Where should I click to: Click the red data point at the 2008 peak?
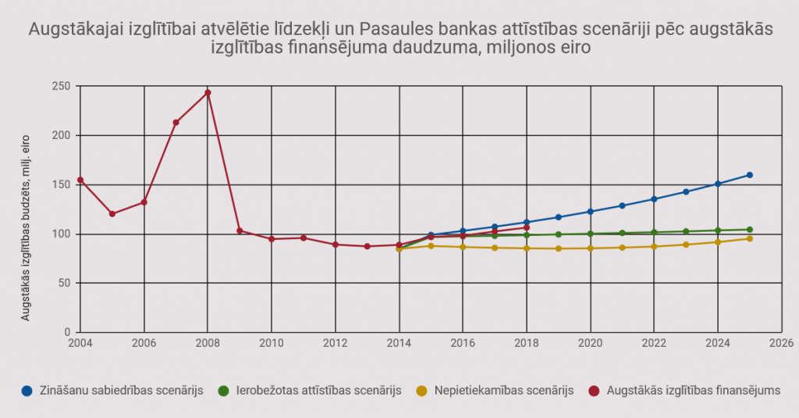(208, 93)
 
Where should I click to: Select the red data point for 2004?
(80, 180)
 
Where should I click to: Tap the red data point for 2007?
(176, 123)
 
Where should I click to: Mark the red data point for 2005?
(112, 214)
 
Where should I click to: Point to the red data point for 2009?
(240, 230)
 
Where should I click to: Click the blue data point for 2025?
(749, 175)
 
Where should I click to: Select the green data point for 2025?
(749, 230)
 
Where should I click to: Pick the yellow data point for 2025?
(749, 238)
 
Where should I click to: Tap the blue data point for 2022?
(654, 199)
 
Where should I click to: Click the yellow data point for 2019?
(559, 248)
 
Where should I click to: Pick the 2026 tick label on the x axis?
(781, 343)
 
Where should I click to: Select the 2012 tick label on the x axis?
(336, 343)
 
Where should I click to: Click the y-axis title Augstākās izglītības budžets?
(26, 227)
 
